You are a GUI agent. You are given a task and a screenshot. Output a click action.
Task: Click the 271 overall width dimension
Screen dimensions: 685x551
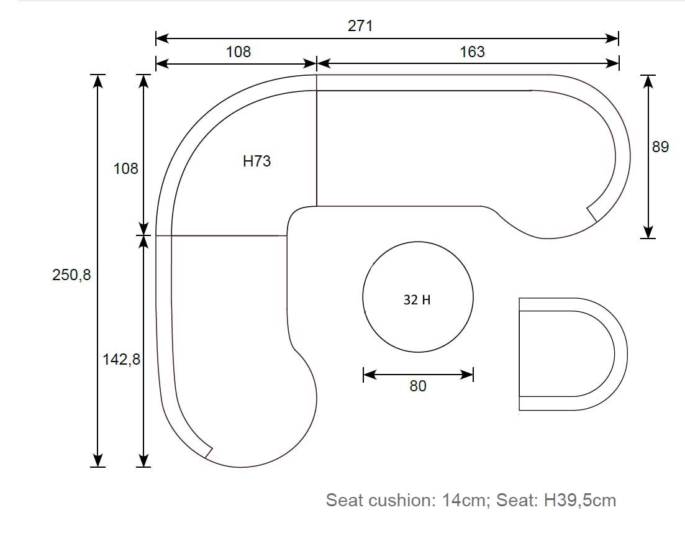tap(360, 26)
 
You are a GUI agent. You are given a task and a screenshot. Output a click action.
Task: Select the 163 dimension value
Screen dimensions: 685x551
tap(472, 52)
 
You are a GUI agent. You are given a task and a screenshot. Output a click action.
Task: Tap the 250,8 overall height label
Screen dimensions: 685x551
tap(71, 275)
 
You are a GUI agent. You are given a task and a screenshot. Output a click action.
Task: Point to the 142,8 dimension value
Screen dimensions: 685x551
tap(121, 359)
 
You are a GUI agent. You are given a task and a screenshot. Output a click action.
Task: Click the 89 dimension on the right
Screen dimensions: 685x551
tap(660, 147)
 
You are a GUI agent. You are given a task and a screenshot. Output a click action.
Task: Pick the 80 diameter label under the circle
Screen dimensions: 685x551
tap(417, 386)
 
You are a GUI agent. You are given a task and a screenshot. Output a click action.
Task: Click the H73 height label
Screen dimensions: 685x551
tap(257, 162)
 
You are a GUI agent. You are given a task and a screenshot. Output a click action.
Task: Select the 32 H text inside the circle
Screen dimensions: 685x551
tap(417, 300)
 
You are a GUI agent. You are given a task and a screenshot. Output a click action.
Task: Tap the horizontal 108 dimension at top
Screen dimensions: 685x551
tap(238, 52)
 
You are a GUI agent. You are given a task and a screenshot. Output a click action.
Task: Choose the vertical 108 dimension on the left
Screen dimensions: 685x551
tap(125, 169)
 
